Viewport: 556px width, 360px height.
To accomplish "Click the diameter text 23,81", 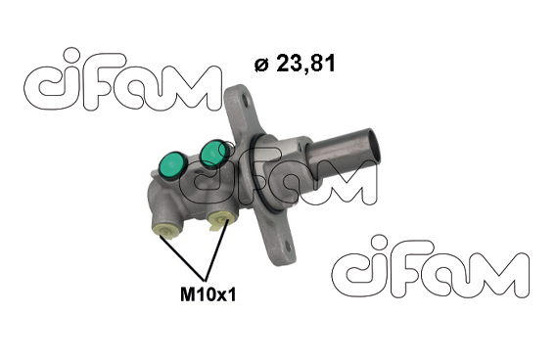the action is click(x=305, y=64).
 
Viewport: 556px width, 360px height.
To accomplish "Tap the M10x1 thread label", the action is click(x=208, y=294).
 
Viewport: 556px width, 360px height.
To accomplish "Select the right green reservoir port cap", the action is click(x=213, y=153).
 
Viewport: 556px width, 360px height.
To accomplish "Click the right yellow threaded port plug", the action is click(x=221, y=220).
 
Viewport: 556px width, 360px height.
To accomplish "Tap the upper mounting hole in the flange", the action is click(x=246, y=101).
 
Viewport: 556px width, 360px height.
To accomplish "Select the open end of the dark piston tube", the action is click(x=373, y=147).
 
